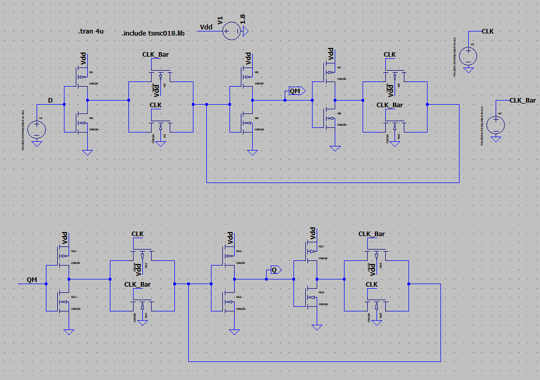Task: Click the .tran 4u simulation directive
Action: click(91, 31)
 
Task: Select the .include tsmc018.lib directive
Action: click(153, 33)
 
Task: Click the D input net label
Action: click(50, 100)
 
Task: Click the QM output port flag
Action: click(295, 91)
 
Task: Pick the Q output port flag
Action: click(274, 270)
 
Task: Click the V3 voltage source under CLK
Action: click(468, 55)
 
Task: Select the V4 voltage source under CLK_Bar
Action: click(496, 124)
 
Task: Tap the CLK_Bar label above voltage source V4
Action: click(522, 100)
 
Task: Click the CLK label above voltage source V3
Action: click(487, 31)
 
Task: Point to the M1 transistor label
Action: click(91, 72)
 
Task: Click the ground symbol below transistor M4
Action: click(87, 152)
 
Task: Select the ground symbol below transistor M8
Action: click(335, 148)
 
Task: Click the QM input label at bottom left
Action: click(32, 279)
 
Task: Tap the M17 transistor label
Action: click(321, 246)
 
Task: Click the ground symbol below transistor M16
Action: click(235, 332)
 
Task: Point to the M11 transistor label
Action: click(74, 251)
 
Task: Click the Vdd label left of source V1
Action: click(206, 26)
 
